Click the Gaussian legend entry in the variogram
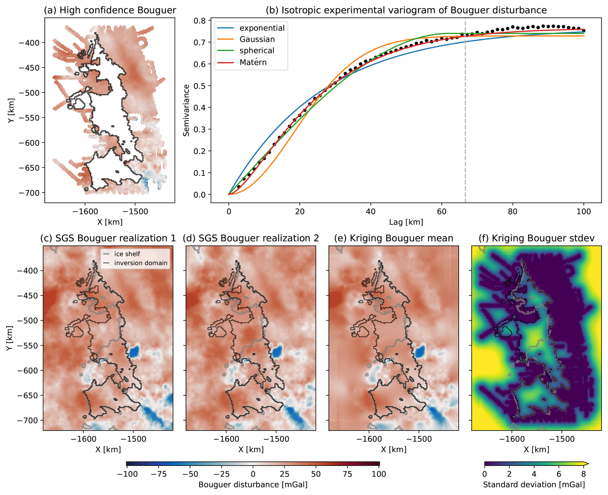point(257,39)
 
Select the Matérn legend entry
point(253,62)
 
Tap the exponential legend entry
point(262,28)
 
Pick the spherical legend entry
point(257,50)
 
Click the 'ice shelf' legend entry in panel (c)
point(127,254)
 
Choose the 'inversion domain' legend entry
point(141,263)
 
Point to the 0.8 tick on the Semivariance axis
point(200,21)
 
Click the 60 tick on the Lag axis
point(442,211)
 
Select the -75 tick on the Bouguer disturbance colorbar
point(158,474)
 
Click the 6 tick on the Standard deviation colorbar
point(559,474)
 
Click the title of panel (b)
point(406,10)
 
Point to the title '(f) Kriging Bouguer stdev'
point(536,238)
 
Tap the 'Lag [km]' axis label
point(406,222)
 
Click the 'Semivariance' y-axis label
point(186,110)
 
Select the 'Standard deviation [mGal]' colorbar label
point(534,484)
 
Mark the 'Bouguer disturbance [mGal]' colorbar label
point(253,484)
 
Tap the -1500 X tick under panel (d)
point(276,439)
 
